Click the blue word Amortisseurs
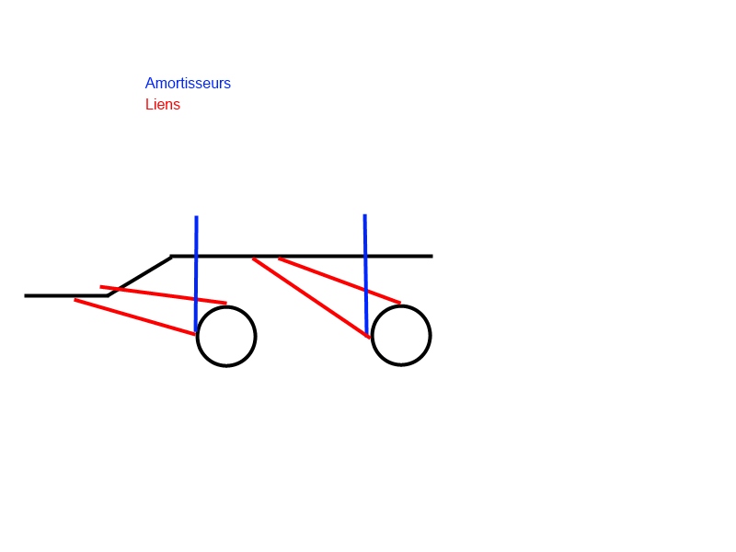click(188, 83)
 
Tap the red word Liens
click(163, 104)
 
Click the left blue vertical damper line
click(196, 274)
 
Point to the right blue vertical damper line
click(365, 274)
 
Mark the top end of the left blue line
click(196, 216)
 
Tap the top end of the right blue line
click(364, 215)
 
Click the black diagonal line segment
click(140, 276)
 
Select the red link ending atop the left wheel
click(164, 294)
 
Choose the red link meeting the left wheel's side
click(134, 316)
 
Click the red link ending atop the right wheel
click(339, 281)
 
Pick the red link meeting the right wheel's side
click(311, 297)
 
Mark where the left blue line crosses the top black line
click(196, 257)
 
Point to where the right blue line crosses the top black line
click(365, 257)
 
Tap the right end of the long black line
click(431, 257)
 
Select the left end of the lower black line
click(26, 295)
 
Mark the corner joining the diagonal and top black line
click(171, 257)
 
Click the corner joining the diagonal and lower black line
click(108, 295)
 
